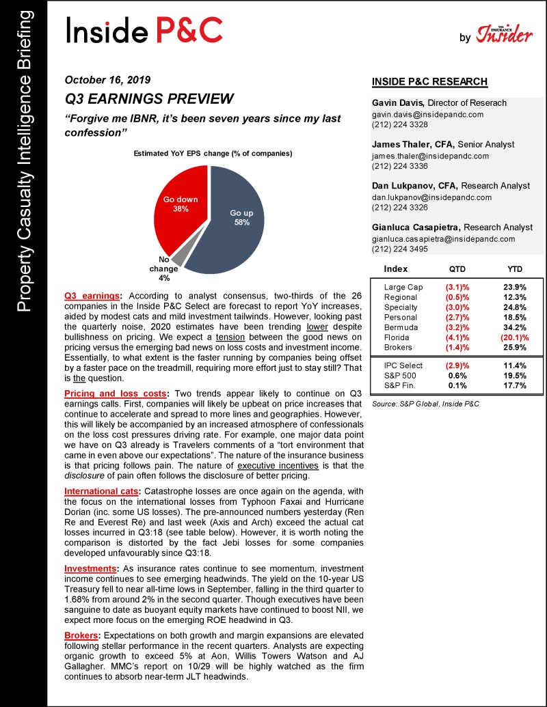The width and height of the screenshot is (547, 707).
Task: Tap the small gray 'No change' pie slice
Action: (x=177, y=258)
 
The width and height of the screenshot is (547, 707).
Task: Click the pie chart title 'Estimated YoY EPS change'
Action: (x=213, y=154)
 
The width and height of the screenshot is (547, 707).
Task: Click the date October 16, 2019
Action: (x=107, y=79)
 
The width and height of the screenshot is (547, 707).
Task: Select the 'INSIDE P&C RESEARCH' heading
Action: (x=429, y=82)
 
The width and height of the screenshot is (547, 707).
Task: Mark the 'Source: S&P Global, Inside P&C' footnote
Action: (x=425, y=404)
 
